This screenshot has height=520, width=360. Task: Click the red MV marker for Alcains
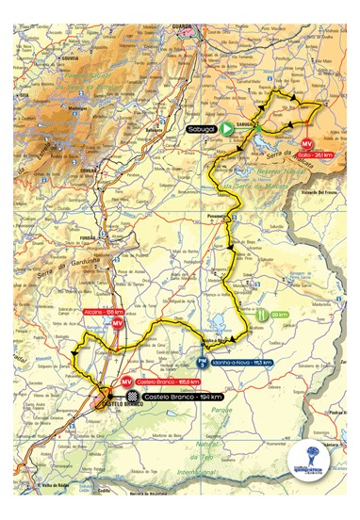pyautogui.click(x=117, y=323)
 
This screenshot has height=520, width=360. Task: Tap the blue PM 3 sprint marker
pyautogui.click(x=203, y=361)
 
